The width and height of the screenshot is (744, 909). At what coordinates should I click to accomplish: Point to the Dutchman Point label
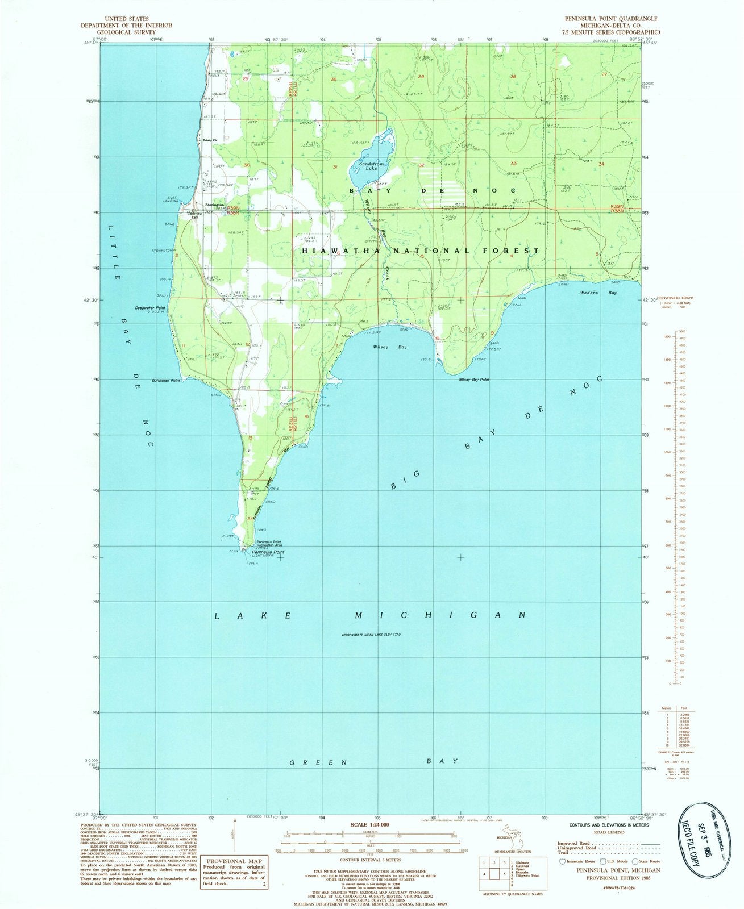tap(165, 381)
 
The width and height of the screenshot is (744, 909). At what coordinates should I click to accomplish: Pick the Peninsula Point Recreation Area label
tap(273, 543)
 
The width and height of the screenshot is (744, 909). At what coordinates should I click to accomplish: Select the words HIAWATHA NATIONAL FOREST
tap(420, 251)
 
